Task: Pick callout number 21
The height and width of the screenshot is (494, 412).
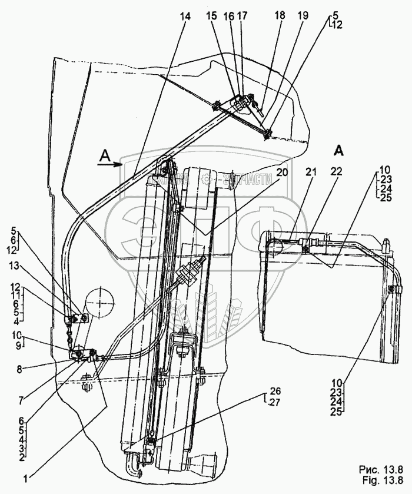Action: pos(310,172)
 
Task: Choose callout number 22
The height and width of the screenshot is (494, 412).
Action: pos(336,172)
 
